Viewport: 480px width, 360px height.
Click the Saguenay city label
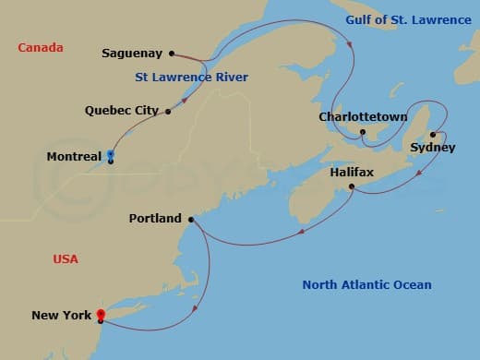[x=132, y=54]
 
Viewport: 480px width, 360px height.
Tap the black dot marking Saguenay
[x=172, y=54]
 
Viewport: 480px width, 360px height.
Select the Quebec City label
[x=122, y=110]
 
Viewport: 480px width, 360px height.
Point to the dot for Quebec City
[x=168, y=112]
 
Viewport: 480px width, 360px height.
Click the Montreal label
[x=74, y=157]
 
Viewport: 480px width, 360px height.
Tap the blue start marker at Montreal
[x=111, y=154]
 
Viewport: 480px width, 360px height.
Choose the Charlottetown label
[x=355, y=117]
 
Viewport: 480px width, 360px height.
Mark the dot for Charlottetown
[x=363, y=132]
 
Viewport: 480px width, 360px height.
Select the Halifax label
[x=353, y=173]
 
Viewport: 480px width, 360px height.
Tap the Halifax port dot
[x=354, y=187]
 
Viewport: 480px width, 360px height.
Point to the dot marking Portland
[x=191, y=220]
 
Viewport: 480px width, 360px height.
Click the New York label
[x=61, y=316]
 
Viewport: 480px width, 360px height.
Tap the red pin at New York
[x=100, y=315]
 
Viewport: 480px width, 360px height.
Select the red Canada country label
[x=40, y=47]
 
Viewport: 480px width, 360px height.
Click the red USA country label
[x=66, y=259]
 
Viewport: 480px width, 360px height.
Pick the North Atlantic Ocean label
[x=366, y=284]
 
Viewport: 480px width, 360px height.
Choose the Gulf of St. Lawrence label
[x=407, y=20]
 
